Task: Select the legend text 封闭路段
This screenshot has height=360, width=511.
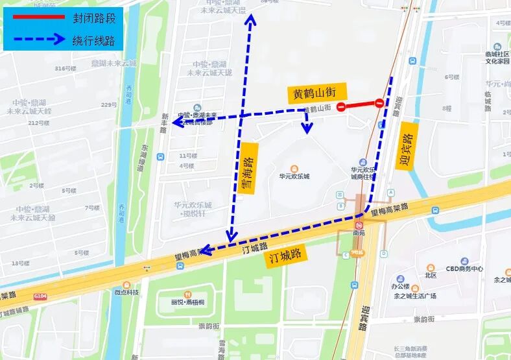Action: tap(94, 16)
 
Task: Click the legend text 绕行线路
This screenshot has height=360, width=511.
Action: tap(94, 40)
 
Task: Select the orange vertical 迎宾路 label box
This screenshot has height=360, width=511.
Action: tap(408, 145)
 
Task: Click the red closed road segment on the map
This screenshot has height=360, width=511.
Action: tap(360, 104)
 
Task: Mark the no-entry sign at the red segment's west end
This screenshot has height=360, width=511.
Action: tap(340, 107)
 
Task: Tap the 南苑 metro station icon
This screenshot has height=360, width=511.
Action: tap(358, 224)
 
